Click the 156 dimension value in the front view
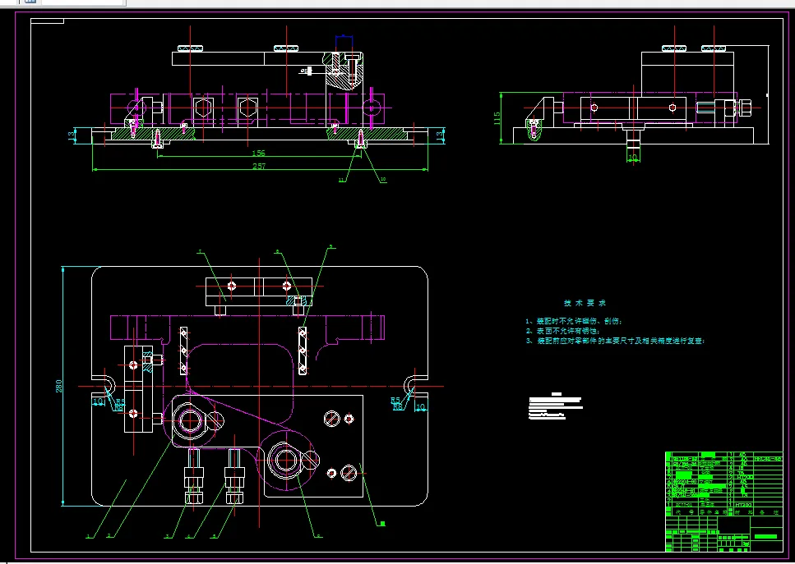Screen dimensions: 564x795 pyautogui.click(x=258, y=154)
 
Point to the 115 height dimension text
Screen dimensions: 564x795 pyautogui.click(x=497, y=118)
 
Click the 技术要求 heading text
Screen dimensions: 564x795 pyautogui.click(x=584, y=302)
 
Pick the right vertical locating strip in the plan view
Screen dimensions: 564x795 pyautogui.click(x=303, y=350)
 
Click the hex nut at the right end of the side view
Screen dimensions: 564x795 pyautogui.click(x=746, y=107)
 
